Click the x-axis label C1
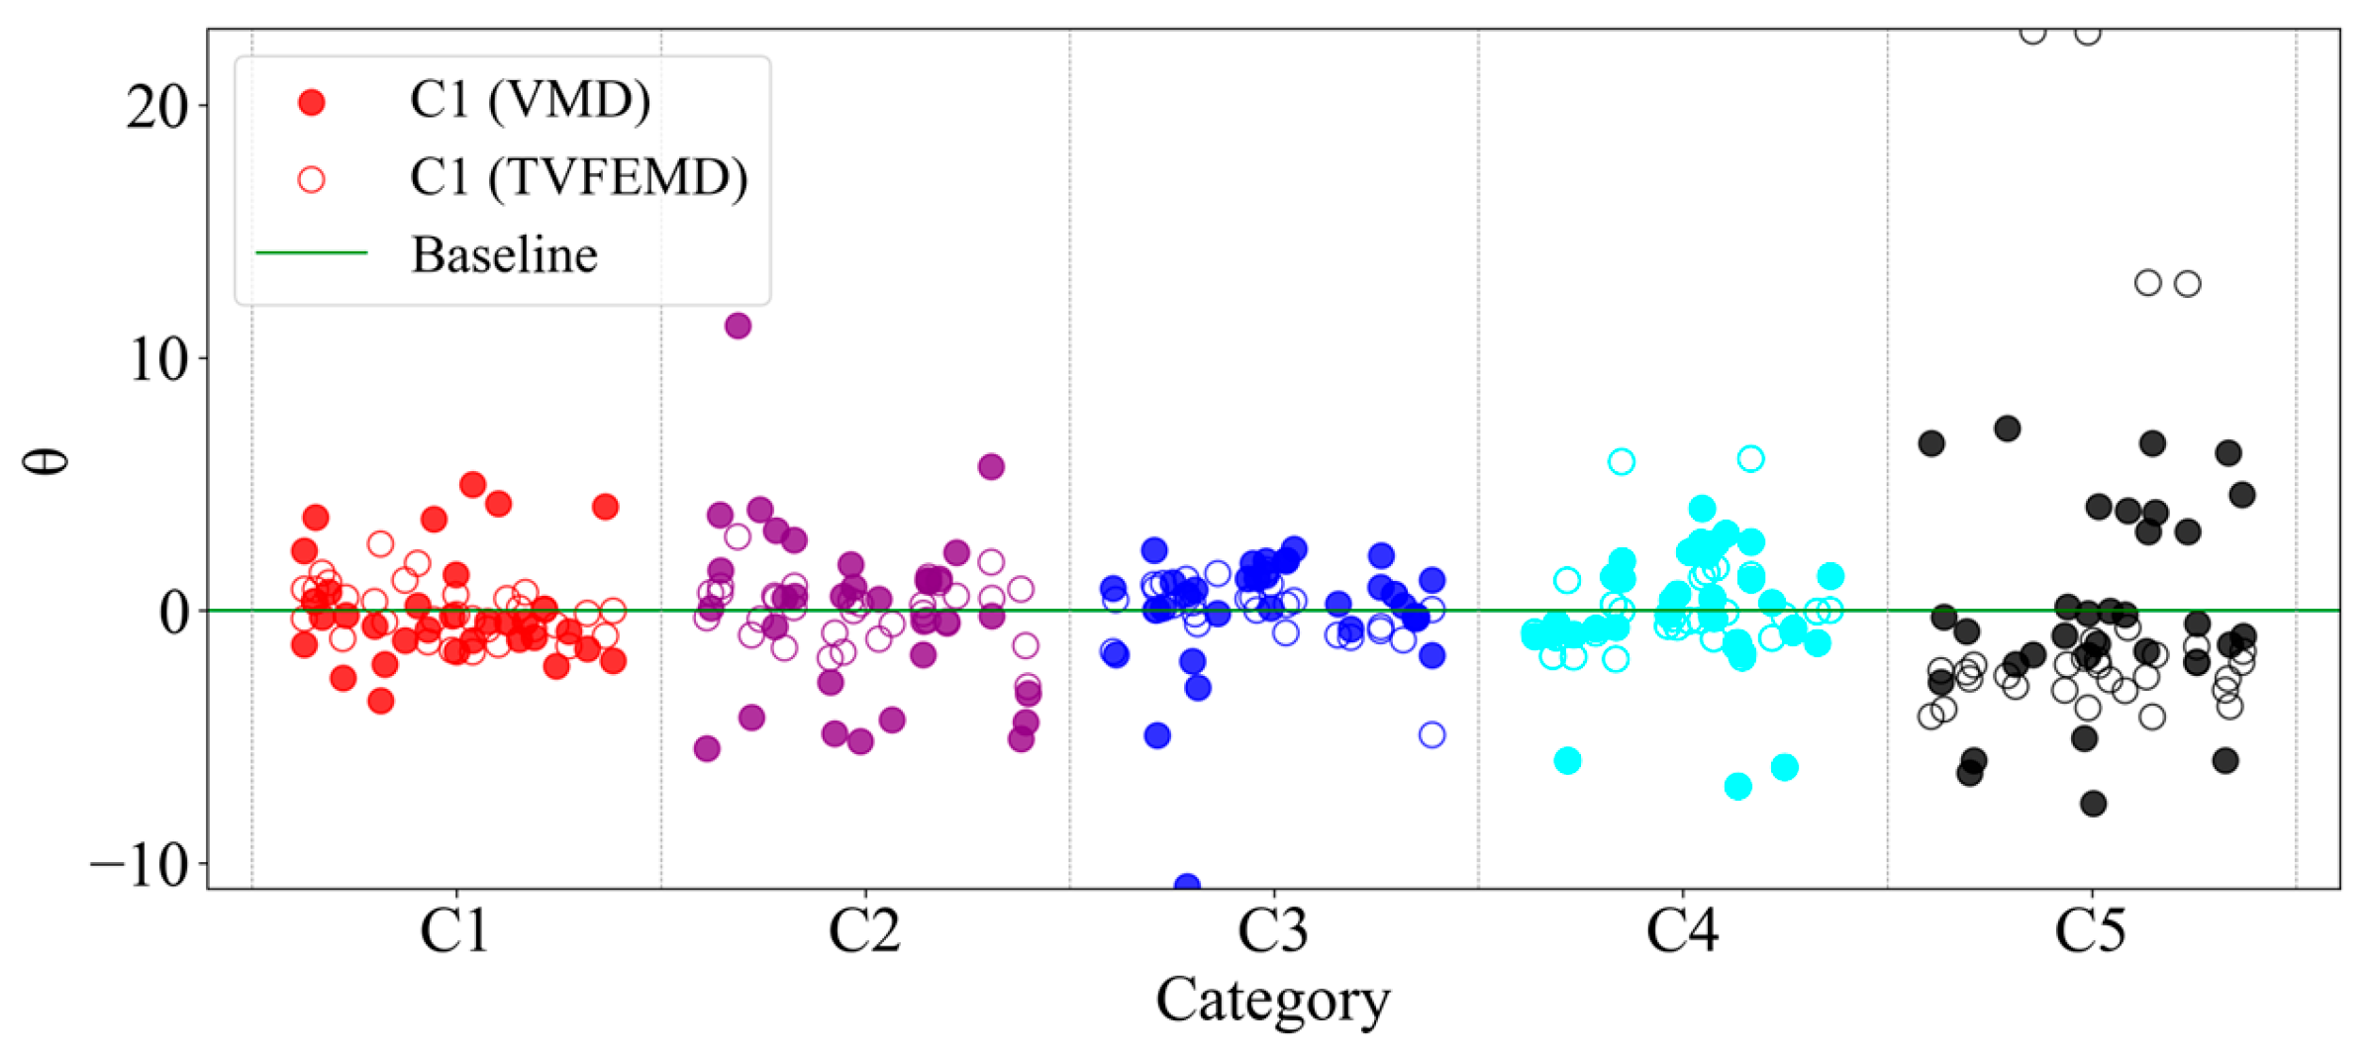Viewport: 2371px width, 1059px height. pyautogui.click(x=454, y=931)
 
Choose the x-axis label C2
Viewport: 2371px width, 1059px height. pyautogui.click(x=864, y=931)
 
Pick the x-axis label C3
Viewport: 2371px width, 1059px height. pyautogui.click(x=1273, y=931)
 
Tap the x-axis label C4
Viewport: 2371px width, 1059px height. pyautogui.click(x=1682, y=931)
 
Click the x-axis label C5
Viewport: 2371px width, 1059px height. pyautogui.click(x=2090, y=931)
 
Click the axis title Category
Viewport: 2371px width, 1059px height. pyautogui.click(x=1272, y=1002)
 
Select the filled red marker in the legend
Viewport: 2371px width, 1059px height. pyautogui.click(x=312, y=102)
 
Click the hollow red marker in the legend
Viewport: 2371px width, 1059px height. pyautogui.click(x=312, y=179)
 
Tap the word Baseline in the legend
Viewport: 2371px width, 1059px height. pyautogui.click(x=504, y=254)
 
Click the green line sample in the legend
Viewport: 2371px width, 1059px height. pyautogui.click(x=312, y=253)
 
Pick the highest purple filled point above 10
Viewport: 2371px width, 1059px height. pyautogui.click(x=738, y=326)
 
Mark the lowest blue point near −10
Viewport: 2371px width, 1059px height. pyautogui.click(x=1187, y=884)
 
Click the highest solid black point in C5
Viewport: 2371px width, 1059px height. pyautogui.click(x=2007, y=429)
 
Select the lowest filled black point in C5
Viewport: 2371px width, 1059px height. pyautogui.click(x=2093, y=804)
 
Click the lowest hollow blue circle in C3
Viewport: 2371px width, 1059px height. pyautogui.click(x=1432, y=734)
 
